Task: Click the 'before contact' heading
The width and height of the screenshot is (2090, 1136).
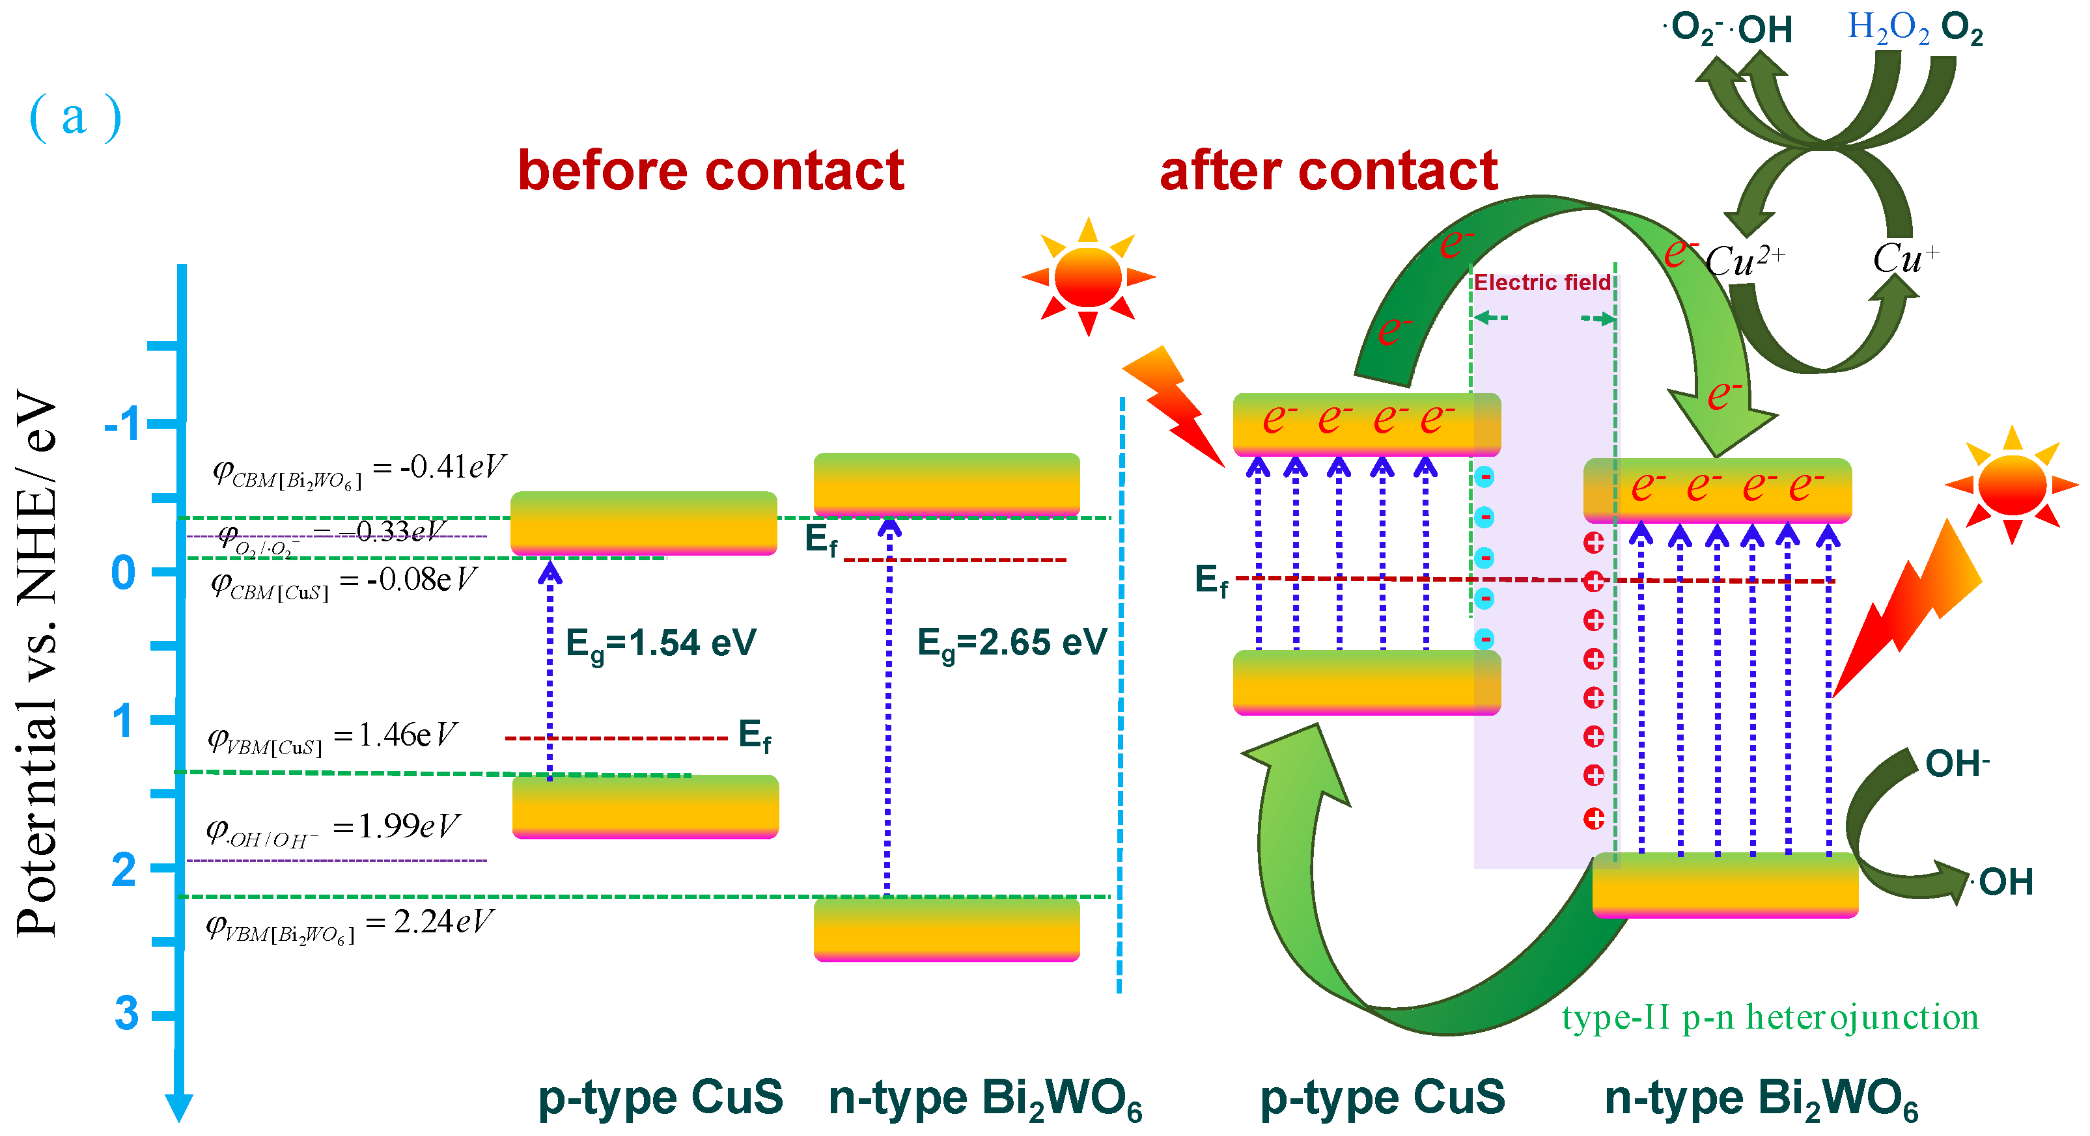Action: [x=711, y=171]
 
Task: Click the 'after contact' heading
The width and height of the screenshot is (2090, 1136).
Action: [x=1328, y=171]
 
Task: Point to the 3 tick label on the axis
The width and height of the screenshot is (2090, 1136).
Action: [x=126, y=1014]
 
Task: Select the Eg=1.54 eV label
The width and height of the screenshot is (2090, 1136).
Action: [x=662, y=644]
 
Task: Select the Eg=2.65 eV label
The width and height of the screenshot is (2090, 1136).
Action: [x=1012, y=644]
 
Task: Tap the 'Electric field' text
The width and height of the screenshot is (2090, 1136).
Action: [x=1542, y=283]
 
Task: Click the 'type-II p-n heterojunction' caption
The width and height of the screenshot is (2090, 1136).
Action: [x=1770, y=1018]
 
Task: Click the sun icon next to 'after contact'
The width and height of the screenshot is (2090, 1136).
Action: [x=1088, y=277]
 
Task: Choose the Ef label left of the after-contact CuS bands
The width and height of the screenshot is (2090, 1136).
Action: [x=1211, y=580]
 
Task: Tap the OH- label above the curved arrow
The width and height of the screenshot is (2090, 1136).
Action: [x=1956, y=764]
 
